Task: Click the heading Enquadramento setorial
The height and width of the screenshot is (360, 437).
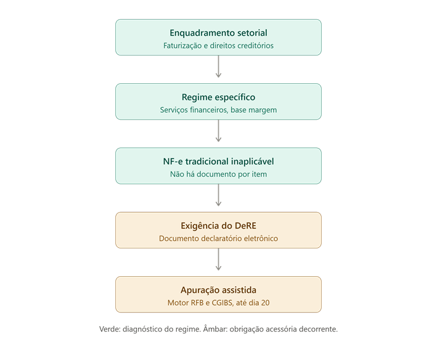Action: [x=218, y=33]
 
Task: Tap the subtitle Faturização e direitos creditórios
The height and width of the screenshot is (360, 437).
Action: [x=218, y=46]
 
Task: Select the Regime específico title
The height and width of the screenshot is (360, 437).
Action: [x=218, y=97]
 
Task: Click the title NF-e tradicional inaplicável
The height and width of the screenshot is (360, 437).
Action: [x=218, y=162]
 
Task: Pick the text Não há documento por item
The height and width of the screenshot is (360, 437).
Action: [x=218, y=174]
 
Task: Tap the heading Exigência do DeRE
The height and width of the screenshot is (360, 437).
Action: [x=218, y=226]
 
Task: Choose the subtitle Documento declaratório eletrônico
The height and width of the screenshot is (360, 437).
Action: [x=218, y=239]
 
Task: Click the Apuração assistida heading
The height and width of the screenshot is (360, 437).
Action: [x=218, y=290]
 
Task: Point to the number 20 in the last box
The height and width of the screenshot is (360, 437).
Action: [x=265, y=303]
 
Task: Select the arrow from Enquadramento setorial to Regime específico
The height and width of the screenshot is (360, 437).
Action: [x=218, y=67]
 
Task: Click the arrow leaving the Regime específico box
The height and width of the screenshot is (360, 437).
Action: [x=218, y=131]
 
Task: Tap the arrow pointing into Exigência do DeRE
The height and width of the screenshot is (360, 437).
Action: [x=218, y=195]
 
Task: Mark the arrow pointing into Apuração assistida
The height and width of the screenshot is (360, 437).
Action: [x=218, y=260]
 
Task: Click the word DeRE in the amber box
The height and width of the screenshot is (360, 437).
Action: [x=245, y=226]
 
